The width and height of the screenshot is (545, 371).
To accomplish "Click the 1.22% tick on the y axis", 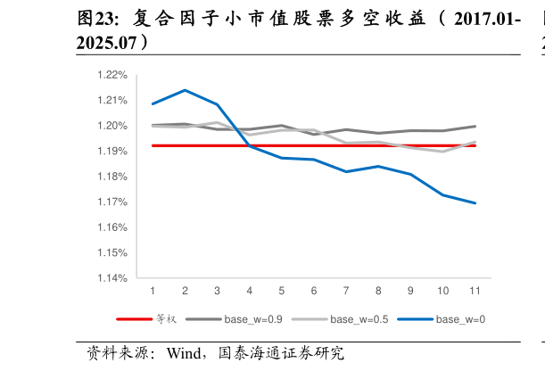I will (114, 75).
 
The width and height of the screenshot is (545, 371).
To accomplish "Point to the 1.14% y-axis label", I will (114, 278).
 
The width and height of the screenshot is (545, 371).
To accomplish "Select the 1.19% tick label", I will (114, 151).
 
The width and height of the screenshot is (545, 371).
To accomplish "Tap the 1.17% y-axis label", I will (114, 202).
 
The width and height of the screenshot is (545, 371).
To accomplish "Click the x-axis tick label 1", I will (153, 292).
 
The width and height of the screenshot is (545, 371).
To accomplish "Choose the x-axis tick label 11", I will (475, 292).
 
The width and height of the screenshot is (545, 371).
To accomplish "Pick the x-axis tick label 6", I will (314, 292).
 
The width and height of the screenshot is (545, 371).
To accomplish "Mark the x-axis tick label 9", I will (410, 292).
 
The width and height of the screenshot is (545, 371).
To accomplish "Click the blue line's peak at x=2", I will (185, 90).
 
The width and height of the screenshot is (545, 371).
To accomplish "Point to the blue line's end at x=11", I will (475, 203).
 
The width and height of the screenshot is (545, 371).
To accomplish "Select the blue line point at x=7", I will (346, 171).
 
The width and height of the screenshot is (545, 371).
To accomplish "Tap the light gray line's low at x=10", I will (443, 152).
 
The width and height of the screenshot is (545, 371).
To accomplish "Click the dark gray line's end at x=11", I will (475, 126).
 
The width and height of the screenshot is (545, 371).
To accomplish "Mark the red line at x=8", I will (378, 145).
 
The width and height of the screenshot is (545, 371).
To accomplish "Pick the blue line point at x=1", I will (153, 103).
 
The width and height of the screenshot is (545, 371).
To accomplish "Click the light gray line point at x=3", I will (217, 122).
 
